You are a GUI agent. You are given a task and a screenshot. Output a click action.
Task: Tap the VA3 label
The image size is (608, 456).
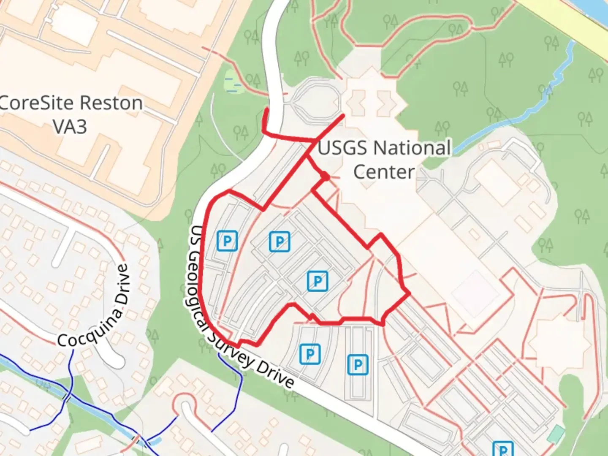click(70, 126)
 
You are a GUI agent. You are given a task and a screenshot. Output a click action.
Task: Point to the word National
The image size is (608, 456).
click(412, 148)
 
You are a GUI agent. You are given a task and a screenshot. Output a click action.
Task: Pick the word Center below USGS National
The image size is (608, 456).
click(384, 172)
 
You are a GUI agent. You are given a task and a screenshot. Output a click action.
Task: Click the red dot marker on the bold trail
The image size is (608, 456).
click(325, 176)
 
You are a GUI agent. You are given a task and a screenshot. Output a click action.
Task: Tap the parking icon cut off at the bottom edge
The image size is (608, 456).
click(503, 449)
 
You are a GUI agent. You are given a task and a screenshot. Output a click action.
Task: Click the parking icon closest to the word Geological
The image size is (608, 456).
click(227, 241)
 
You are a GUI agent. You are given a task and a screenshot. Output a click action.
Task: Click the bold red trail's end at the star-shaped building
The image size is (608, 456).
click(343, 115)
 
